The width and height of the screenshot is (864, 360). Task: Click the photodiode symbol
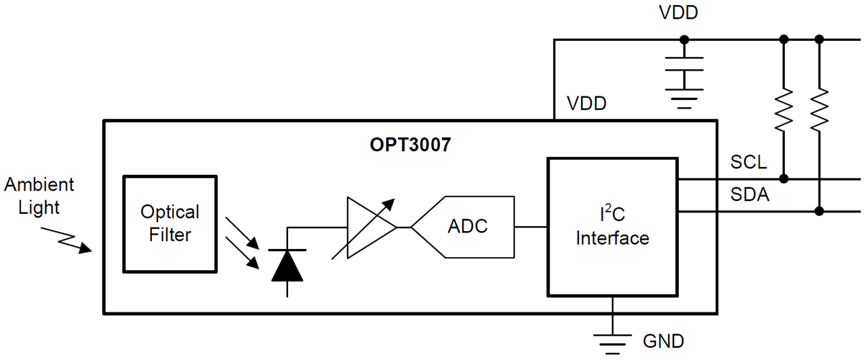point(288,264)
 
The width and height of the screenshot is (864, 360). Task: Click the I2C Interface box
point(612,227)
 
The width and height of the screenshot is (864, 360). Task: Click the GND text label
point(663,341)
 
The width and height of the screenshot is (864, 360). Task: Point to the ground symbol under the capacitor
point(683,99)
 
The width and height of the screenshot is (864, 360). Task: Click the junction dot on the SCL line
point(783,178)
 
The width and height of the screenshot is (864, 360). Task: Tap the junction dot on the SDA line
point(819,211)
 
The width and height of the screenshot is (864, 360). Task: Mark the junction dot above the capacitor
point(683,40)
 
